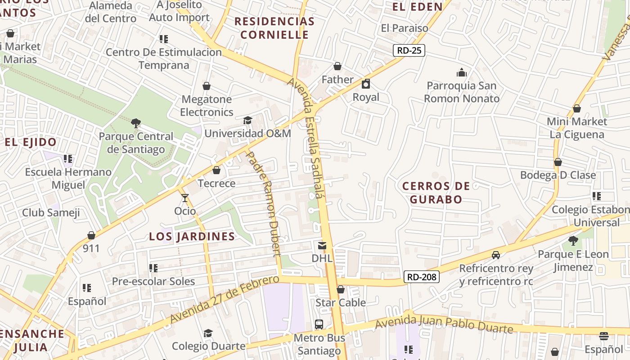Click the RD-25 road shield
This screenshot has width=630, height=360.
(x=409, y=50)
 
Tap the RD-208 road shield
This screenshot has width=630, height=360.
(x=421, y=277)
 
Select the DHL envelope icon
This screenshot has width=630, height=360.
(x=322, y=246)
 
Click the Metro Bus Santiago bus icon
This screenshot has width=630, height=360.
(x=319, y=324)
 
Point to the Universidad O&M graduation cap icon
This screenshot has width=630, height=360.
(x=247, y=120)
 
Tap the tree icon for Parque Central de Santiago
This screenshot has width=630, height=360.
(x=135, y=123)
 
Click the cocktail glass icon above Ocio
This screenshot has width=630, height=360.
(x=185, y=198)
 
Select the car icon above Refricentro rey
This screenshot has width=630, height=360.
(x=496, y=255)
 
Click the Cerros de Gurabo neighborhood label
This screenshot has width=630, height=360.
(x=436, y=193)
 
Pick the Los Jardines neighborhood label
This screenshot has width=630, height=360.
(x=192, y=237)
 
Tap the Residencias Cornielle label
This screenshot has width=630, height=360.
(x=274, y=28)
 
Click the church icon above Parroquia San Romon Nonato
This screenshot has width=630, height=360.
(x=462, y=72)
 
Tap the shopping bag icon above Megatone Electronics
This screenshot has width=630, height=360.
(x=207, y=86)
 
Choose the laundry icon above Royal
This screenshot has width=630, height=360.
(x=366, y=84)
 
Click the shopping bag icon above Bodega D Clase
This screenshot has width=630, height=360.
(x=558, y=162)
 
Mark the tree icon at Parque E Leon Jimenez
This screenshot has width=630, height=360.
(x=573, y=241)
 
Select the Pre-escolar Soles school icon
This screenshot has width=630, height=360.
(x=153, y=268)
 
